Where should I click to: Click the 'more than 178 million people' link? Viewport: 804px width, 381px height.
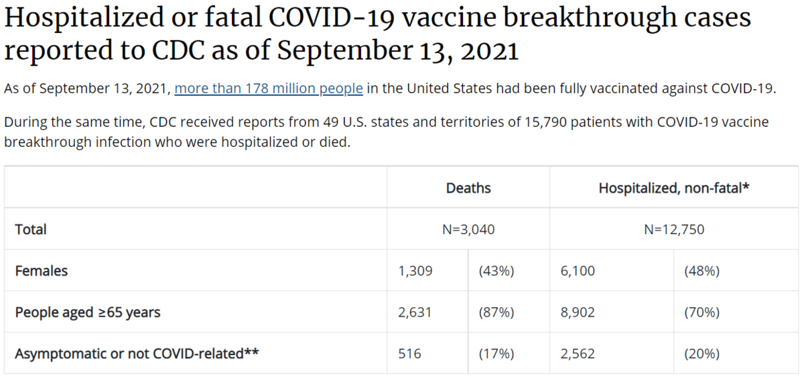pyautogui.click(x=269, y=89)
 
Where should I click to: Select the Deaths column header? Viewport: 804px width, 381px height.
pyautogui.click(x=468, y=188)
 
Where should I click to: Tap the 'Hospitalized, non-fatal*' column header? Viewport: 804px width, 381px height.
pyautogui.click(x=673, y=188)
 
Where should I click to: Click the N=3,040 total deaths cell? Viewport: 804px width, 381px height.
pyautogui.click(x=468, y=229)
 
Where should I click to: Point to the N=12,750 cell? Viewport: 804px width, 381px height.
pyautogui.click(x=673, y=229)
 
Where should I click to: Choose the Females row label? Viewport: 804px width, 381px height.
pyautogui.click(x=42, y=271)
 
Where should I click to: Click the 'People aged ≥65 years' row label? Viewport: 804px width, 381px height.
pyautogui.click(x=88, y=312)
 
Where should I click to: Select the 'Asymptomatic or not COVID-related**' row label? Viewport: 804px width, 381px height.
pyautogui.click(x=137, y=353)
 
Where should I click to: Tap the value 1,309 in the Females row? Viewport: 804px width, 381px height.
pyautogui.click(x=415, y=271)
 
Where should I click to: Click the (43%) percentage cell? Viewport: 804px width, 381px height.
pyautogui.click(x=496, y=271)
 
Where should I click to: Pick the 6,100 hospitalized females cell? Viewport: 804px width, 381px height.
pyautogui.click(x=578, y=271)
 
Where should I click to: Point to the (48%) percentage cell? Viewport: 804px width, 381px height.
pyautogui.click(x=701, y=271)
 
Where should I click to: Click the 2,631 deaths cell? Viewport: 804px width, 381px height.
pyautogui.click(x=415, y=312)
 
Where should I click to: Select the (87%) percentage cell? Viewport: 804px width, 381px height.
pyautogui.click(x=496, y=312)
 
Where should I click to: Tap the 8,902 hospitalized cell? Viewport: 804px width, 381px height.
pyautogui.click(x=578, y=312)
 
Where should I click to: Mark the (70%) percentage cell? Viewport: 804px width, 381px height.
pyautogui.click(x=701, y=312)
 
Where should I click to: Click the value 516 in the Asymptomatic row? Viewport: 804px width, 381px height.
pyautogui.click(x=409, y=353)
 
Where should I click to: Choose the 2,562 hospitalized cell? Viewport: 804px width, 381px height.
pyautogui.click(x=578, y=353)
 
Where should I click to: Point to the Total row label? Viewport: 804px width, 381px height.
pyautogui.click(x=31, y=229)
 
